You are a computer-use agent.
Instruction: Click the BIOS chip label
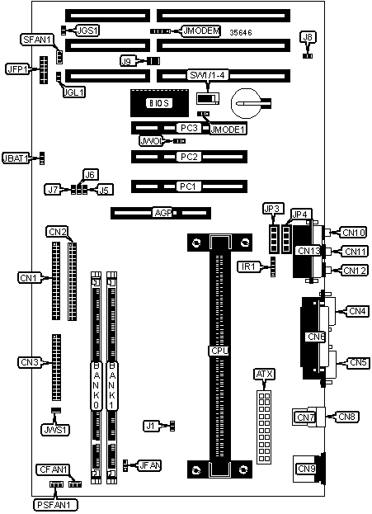tap(159, 103)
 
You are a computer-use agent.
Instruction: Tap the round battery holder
tap(247, 104)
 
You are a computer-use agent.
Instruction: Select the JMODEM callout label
tap(201, 31)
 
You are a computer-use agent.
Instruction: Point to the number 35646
tap(241, 32)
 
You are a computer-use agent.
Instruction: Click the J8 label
tap(308, 37)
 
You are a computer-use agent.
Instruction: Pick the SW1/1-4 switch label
tap(208, 75)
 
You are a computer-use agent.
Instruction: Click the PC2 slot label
tap(189, 157)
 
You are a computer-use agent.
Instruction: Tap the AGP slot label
tap(162, 213)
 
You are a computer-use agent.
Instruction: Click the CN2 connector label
tap(58, 232)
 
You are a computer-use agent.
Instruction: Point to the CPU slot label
tap(219, 351)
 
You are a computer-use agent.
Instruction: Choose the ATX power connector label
tap(265, 374)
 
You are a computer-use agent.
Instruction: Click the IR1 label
tap(248, 266)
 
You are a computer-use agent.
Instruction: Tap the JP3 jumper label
tap(273, 209)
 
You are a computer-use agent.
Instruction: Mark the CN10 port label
tap(353, 233)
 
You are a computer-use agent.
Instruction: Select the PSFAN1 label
tap(55, 505)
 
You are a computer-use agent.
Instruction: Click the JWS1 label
tap(55, 430)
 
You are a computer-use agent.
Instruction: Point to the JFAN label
tap(149, 465)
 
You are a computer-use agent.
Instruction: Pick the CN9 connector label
tap(306, 469)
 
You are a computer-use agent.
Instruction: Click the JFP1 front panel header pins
tap(43, 70)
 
